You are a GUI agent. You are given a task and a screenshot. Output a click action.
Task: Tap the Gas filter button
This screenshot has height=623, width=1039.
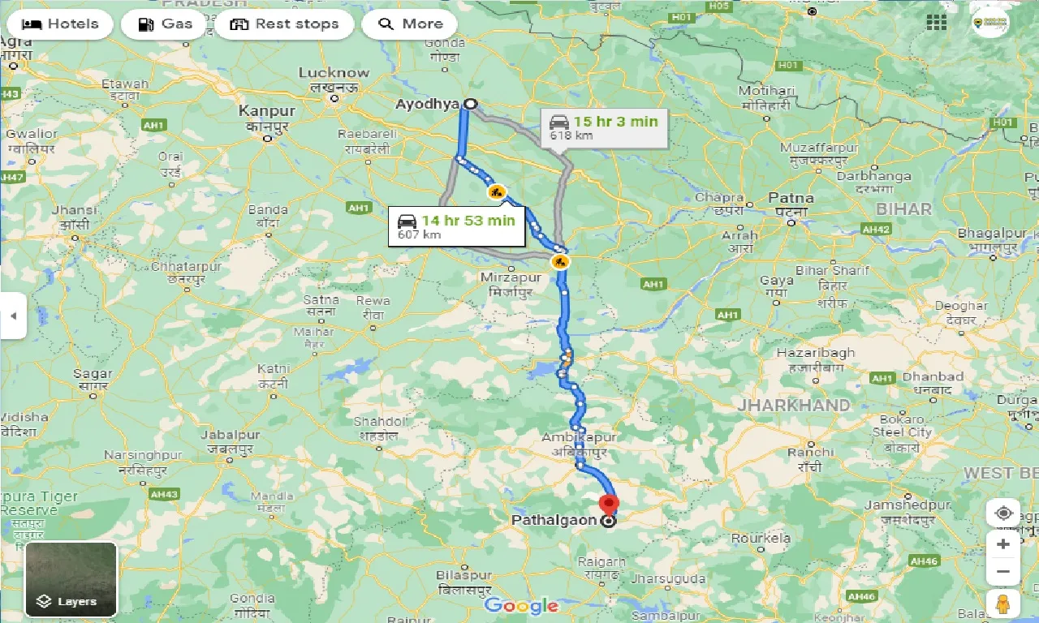[x=165, y=24]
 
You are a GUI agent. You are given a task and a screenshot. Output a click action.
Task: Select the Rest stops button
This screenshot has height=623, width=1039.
[x=284, y=24]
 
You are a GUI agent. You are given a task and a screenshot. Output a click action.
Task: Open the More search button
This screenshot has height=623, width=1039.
[x=410, y=24]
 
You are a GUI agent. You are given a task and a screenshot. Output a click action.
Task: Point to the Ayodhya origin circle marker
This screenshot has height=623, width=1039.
[x=470, y=104]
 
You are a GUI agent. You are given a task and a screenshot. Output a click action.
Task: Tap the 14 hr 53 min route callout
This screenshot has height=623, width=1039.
[x=456, y=226]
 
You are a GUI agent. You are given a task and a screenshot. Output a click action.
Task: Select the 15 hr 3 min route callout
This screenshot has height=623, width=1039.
[x=604, y=128]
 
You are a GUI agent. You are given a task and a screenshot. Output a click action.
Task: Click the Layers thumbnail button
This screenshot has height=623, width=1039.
[x=71, y=579]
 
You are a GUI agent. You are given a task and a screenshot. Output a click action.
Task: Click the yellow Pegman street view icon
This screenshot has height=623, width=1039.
[x=1003, y=604]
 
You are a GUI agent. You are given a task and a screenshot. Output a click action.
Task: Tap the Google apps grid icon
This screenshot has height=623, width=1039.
[x=936, y=23]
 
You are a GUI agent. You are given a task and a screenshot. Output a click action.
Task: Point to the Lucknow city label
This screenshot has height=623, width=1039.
[x=334, y=73]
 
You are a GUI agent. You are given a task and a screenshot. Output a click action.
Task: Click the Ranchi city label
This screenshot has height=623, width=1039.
[x=810, y=453]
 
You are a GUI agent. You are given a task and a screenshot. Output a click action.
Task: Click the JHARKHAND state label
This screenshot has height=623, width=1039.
[x=794, y=405]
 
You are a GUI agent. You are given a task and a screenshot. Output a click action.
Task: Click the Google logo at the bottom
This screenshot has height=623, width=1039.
[x=521, y=605]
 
